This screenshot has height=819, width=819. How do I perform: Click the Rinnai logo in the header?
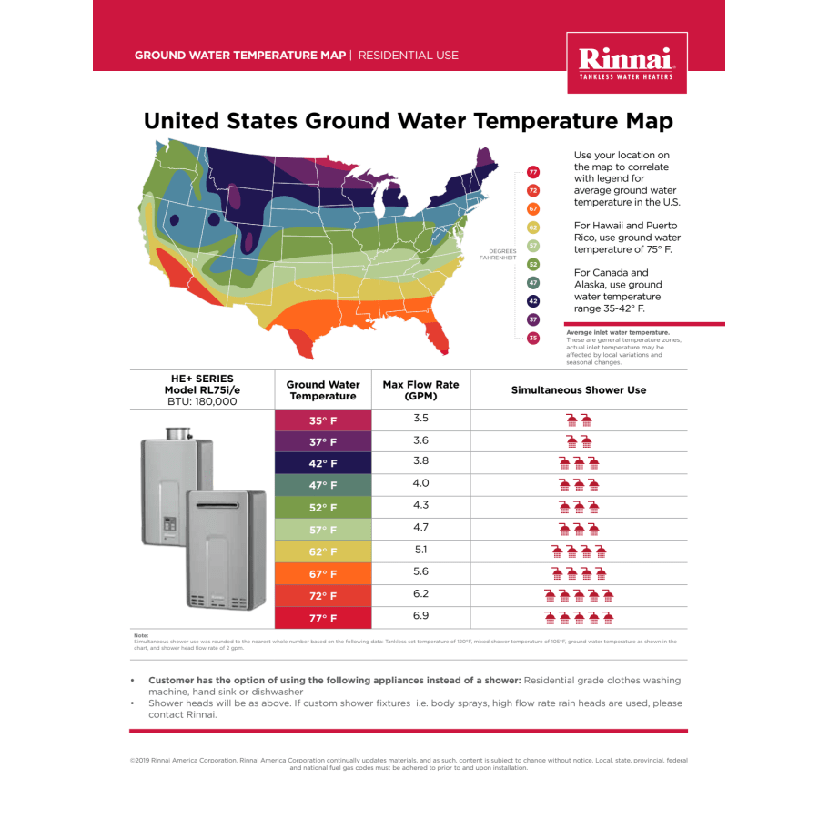coord(626,63)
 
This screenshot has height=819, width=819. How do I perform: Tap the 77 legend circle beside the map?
coord(533,172)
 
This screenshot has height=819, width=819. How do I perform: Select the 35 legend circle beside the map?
coord(533,339)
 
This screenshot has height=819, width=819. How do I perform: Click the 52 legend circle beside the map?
coord(533,264)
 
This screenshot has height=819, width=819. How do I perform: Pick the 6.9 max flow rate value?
coord(420,616)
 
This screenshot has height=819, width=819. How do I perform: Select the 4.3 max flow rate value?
coord(420,505)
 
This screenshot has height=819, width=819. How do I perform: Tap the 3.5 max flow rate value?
coord(420,419)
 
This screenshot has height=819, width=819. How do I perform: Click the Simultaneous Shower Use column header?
coord(579,390)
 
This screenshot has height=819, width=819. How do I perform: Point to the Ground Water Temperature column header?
coord(323,390)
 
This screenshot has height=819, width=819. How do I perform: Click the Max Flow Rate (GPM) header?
coord(420,390)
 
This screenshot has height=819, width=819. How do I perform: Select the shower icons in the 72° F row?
coord(579,596)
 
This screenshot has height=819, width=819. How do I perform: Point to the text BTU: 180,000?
coord(202,401)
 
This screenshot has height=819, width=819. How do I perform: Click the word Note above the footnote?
coord(140,635)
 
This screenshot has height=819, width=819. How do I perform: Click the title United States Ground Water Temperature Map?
coord(409,121)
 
